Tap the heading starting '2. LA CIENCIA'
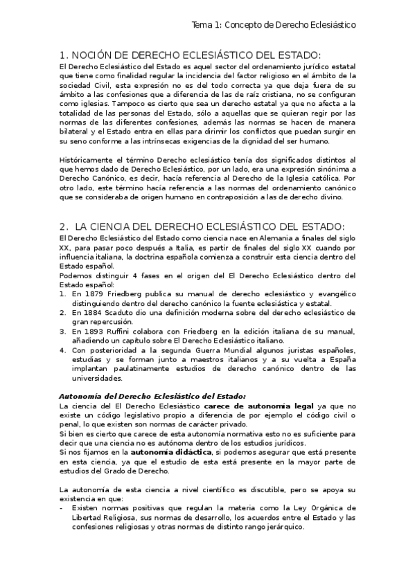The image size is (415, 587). (202, 227)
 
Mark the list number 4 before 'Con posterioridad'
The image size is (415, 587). (62, 350)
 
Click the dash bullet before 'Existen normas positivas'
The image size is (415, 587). (62, 507)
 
